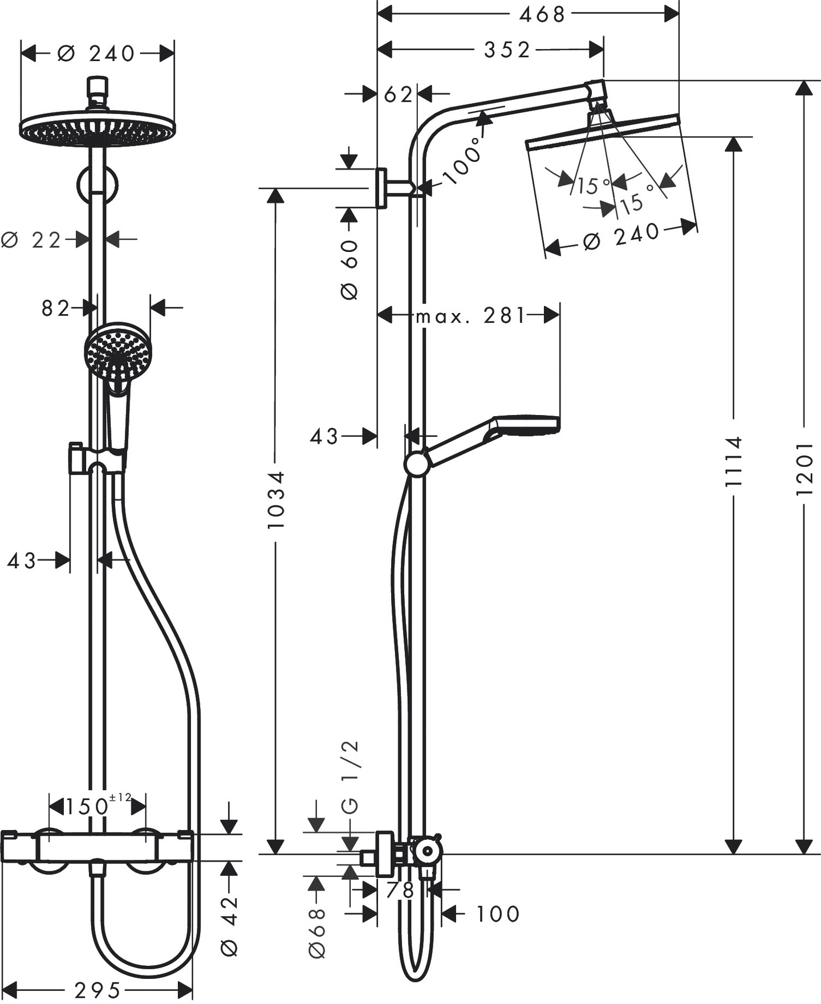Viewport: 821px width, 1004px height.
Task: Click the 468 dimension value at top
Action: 541,14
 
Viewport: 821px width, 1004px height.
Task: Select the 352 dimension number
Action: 507,50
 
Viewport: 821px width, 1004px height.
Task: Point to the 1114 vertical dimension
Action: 733,461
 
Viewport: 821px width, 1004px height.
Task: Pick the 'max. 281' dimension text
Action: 470,315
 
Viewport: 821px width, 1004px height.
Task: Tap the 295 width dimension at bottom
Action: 97,990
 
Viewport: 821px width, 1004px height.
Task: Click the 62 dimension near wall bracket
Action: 397,95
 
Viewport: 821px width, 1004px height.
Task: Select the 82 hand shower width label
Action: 55,308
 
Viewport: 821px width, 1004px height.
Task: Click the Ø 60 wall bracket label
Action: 349,270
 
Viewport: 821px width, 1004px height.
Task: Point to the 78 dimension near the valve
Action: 400,890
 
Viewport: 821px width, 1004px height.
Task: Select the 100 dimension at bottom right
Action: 497,914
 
